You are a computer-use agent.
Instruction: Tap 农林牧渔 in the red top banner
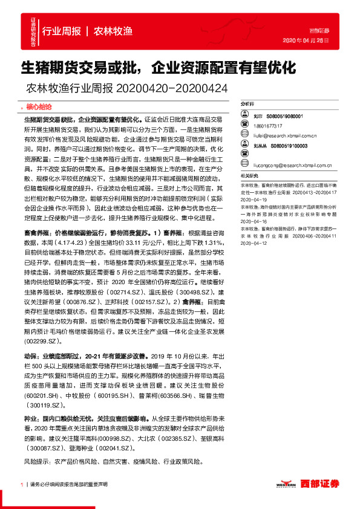(113, 30)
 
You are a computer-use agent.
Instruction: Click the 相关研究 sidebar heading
(249, 175)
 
